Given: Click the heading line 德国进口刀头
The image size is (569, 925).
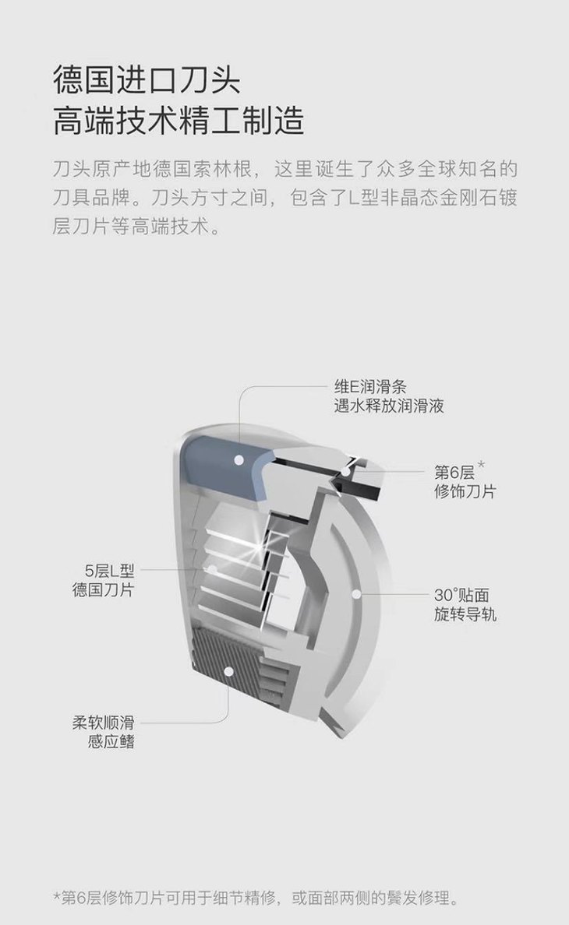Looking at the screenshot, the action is [x=147, y=79].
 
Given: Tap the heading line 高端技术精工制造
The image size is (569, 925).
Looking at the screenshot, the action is [x=178, y=121].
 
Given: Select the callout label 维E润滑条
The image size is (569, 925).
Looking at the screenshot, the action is [x=370, y=387].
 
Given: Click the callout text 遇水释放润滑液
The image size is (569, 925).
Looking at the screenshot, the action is [x=388, y=406].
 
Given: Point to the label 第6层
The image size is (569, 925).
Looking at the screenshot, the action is [x=454, y=473].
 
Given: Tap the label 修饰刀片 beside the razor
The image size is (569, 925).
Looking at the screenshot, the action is [x=465, y=491].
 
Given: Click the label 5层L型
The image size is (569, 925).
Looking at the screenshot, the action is [x=110, y=571].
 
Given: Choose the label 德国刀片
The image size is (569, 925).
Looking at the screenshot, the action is [x=104, y=589].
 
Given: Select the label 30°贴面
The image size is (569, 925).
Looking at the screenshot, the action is [x=461, y=595].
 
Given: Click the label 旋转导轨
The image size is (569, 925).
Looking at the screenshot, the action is [x=465, y=614].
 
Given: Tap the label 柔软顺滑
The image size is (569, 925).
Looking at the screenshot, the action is [x=104, y=722].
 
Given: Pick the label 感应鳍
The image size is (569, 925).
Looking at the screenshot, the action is [x=111, y=741].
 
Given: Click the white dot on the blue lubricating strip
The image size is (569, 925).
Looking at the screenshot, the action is [x=239, y=459].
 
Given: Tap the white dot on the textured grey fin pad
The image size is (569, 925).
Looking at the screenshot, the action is [x=228, y=672].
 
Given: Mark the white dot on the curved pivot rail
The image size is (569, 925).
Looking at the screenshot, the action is [x=356, y=594].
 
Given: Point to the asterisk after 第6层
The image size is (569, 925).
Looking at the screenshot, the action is [x=481, y=465].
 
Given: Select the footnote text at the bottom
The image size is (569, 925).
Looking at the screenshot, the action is [x=256, y=899].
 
